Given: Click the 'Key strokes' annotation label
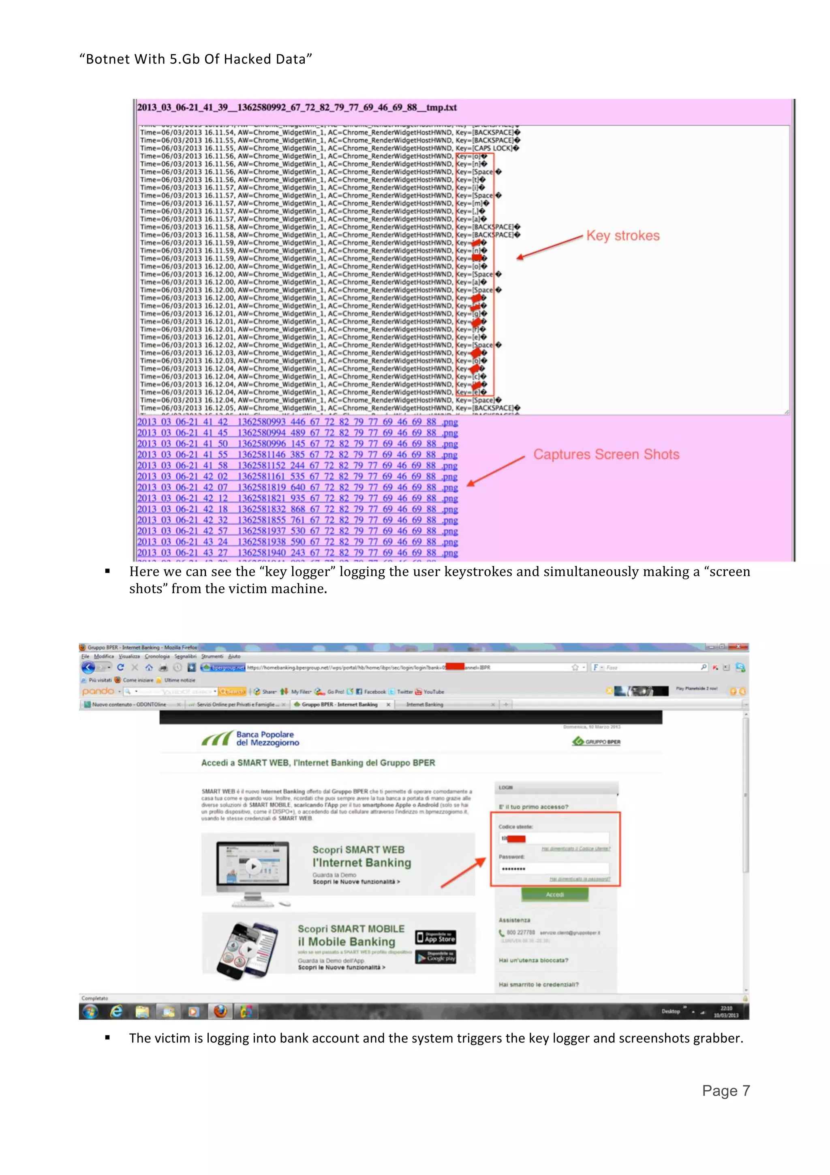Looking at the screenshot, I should click(622, 236).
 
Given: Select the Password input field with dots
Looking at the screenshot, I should click(554, 868).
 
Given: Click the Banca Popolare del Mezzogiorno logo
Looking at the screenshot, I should click(250, 738).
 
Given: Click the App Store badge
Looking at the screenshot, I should click(435, 937).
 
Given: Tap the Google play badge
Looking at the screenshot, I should click(435, 956).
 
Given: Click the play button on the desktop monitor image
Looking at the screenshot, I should click(252, 866).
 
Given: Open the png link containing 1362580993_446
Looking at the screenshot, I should click(297, 422).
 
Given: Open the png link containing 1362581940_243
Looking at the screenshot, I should click(297, 553).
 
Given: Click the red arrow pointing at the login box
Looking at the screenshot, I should click(463, 873).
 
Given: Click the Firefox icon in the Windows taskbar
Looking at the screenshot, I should click(220, 1011).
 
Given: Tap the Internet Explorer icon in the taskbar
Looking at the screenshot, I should click(117, 1011).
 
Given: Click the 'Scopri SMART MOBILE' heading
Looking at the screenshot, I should click(351, 929).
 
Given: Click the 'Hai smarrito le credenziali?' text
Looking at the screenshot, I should click(539, 984).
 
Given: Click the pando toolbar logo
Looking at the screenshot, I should click(98, 691).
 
